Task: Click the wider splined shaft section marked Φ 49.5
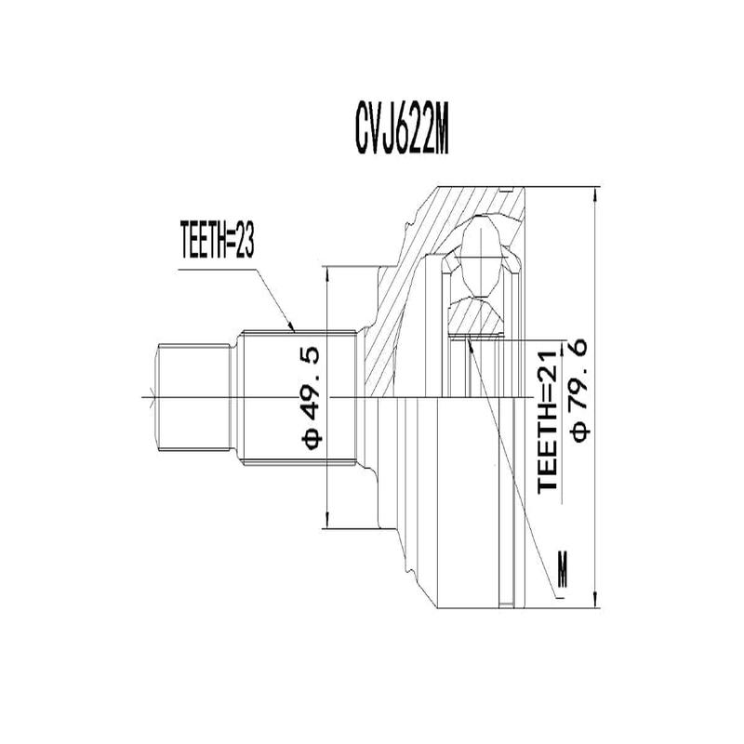pos(298,397)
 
